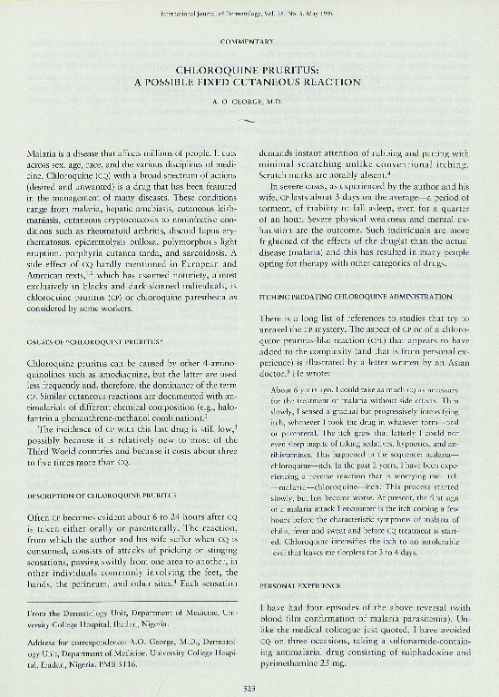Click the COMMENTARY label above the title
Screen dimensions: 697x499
pos(249,42)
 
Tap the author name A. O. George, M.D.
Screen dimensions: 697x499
pos(249,103)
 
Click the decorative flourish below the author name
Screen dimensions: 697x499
pos(249,119)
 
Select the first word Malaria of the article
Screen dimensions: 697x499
pos(54,145)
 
